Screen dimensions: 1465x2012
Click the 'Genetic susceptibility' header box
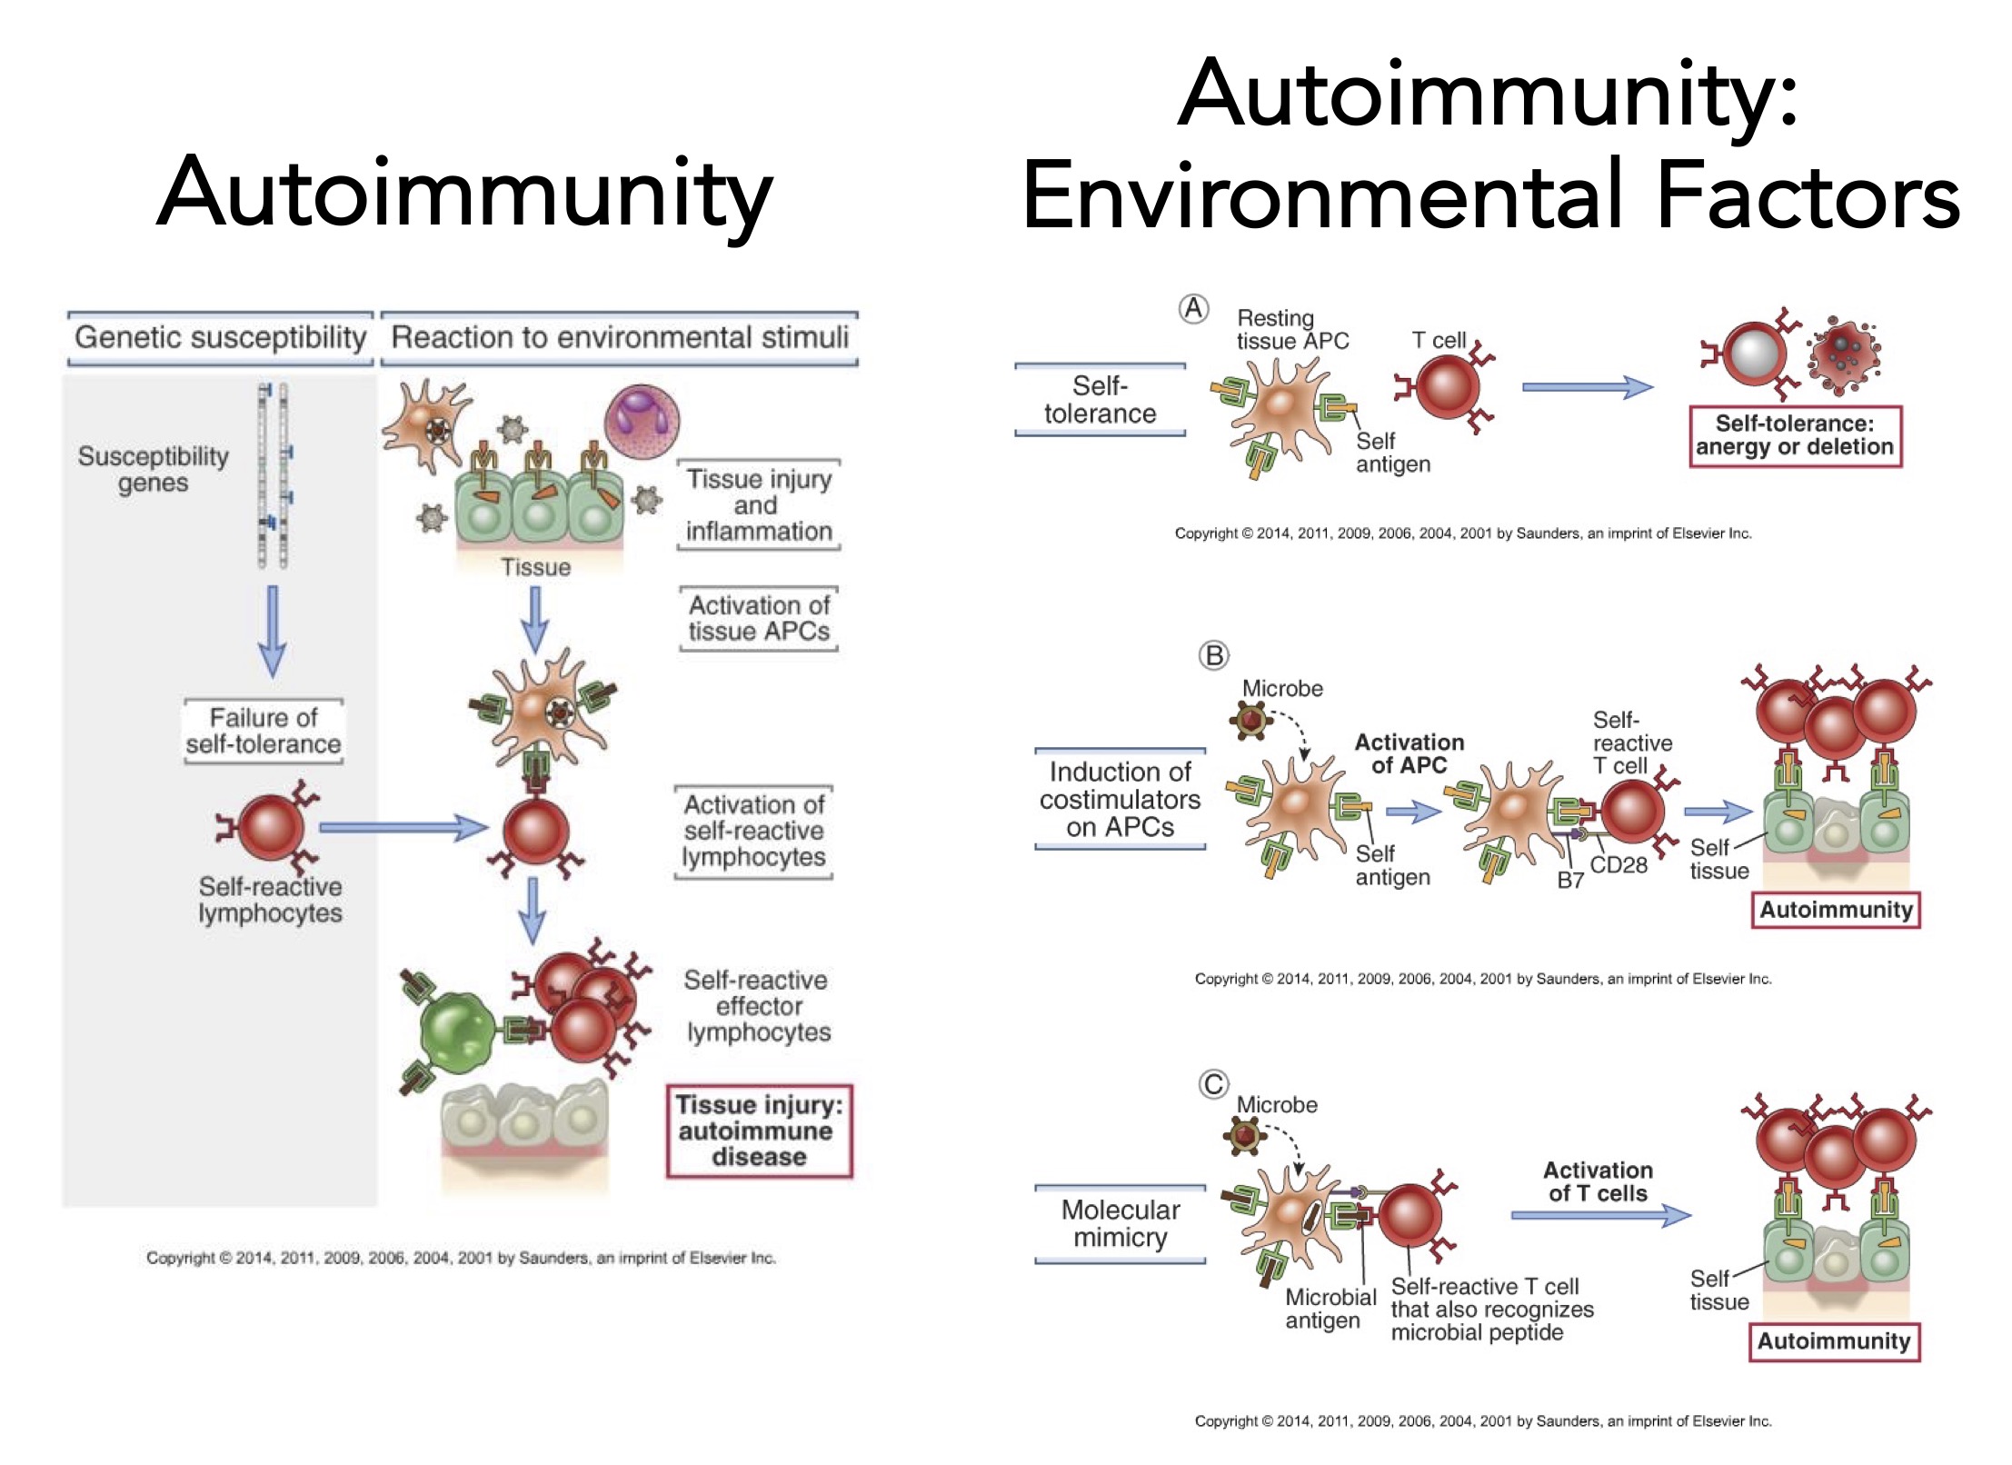point(220,338)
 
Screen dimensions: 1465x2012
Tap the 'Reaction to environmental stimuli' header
point(619,338)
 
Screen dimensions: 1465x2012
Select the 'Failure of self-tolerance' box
point(264,731)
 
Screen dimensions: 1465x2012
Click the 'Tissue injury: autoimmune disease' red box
point(759,1131)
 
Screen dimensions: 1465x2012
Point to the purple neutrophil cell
point(642,419)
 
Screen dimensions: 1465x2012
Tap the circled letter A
point(1193,309)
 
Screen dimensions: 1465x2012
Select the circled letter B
point(1213,655)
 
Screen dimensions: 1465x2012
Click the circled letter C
point(1213,1084)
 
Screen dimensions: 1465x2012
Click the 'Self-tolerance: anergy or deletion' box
point(1795,436)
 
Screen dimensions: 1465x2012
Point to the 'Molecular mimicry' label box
point(1120,1223)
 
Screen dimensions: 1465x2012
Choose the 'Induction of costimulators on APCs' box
point(1120,799)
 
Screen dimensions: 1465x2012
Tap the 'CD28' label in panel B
point(1619,865)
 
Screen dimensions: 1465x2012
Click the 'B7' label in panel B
point(1570,880)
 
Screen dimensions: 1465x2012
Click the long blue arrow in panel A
point(1587,387)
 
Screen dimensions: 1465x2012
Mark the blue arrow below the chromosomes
point(272,632)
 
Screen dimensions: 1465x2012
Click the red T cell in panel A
point(1447,386)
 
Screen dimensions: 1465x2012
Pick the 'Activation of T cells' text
point(1598,1181)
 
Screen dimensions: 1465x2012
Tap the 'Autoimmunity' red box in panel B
point(1836,910)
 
